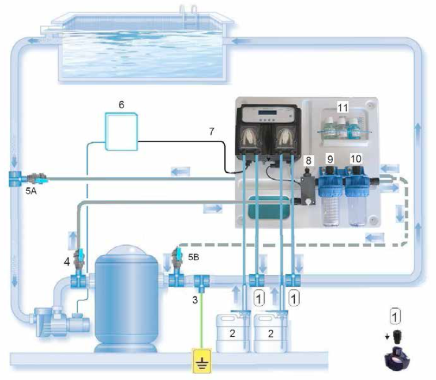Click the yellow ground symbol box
pos(202,360)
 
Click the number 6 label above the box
pos(121,105)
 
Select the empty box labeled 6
pos(121,131)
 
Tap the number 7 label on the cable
pos(212,131)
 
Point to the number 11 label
pos(343,108)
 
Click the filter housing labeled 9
pos(330,195)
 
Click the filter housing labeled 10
pos(356,195)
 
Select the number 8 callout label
pos(309,160)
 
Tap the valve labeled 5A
pos(37,178)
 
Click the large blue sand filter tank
pos(126,298)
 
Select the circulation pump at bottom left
pos(62,322)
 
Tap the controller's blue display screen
pos(267,113)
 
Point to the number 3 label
pos(195,300)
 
